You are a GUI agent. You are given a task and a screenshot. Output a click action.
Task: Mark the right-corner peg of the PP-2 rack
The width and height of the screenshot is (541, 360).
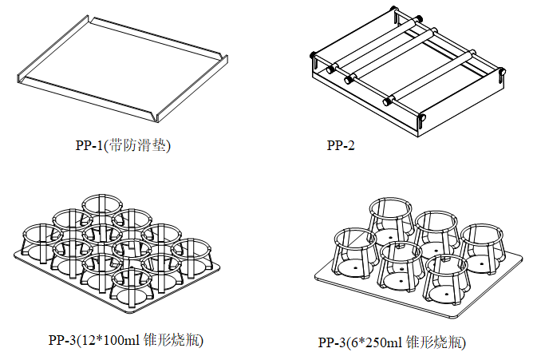click(504, 73)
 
